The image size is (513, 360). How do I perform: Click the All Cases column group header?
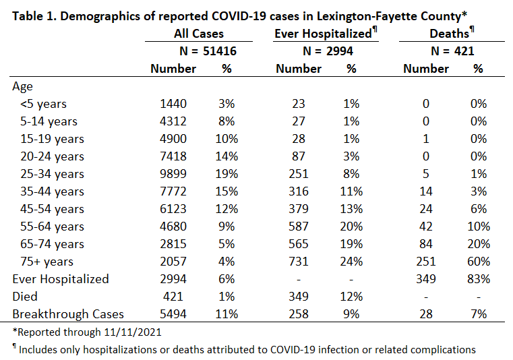pyautogui.click(x=199, y=34)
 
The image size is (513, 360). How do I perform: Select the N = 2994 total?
pyautogui.click(x=328, y=51)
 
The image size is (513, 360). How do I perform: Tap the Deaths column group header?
pyautogui.click(x=452, y=33)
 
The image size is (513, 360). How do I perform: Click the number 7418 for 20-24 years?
pyautogui.click(x=173, y=156)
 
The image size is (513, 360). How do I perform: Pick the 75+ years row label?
pyautogui.click(x=47, y=262)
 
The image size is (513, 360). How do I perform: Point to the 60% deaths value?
pyautogui.click(x=479, y=262)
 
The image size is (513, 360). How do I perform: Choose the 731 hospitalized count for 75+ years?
pyautogui.click(x=299, y=262)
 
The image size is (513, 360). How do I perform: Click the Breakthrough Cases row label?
pyautogui.click(x=68, y=314)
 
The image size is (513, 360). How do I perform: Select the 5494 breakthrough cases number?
pyautogui.click(x=173, y=314)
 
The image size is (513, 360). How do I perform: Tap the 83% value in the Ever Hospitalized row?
pyautogui.click(x=479, y=279)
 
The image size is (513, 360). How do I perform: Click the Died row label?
pyautogui.click(x=25, y=297)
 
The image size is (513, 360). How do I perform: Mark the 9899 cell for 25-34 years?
pyautogui.click(x=173, y=174)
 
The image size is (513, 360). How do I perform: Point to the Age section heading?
pyautogui.click(x=22, y=87)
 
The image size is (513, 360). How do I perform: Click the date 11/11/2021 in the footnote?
pyautogui.click(x=133, y=332)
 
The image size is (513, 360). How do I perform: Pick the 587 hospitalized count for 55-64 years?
pyautogui.click(x=299, y=227)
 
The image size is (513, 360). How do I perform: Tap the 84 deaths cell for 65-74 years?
pyautogui.click(x=425, y=244)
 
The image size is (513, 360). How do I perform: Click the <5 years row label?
pyautogui.click(x=43, y=104)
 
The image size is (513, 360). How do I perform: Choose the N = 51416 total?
pyautogui.click(x=208, y=51)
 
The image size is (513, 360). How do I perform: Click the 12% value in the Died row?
pyautogui.click(x=351, y=297)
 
